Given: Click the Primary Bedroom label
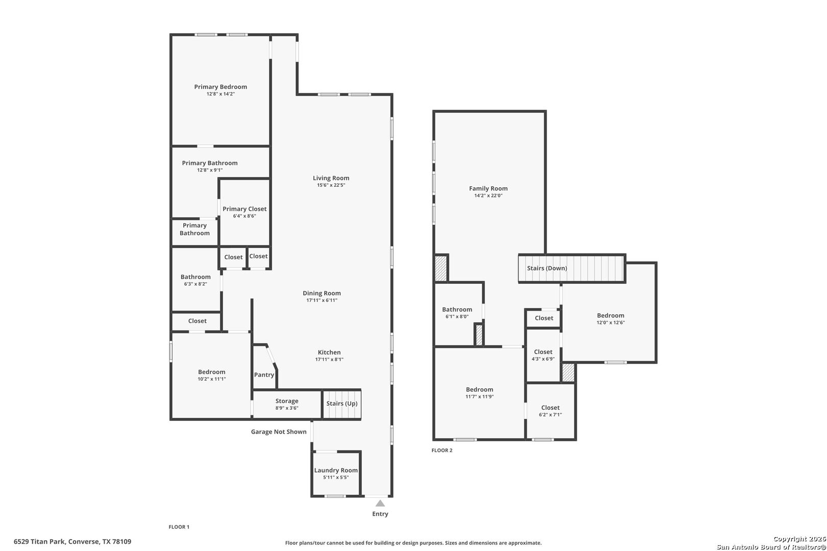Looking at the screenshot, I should tap(220, 87).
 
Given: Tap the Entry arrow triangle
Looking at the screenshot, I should tap(380, 504).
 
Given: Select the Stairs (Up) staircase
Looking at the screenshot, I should tap(342, 404).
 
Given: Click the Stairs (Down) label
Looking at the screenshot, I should tap(547, 268).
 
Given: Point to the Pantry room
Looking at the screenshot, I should tap(264, 374).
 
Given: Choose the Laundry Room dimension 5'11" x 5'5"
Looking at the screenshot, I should tap(335, 478).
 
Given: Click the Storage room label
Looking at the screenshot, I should tap(286, 401).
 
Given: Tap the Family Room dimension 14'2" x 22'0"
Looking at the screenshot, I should tap(488, 195).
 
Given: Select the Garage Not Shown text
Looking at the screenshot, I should tap(279, 432).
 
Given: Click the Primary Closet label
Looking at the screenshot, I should tap(245, 209).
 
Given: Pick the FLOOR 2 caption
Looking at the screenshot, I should tap(442, 450).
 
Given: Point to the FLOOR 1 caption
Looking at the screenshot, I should tap(179, 527).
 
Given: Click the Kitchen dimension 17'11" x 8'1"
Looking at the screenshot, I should tap(329, 360).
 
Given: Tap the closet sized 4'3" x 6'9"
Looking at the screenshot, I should tap(543, 355).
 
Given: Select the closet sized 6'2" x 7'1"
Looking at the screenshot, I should tap(550, 411).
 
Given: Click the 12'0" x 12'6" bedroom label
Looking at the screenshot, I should tap(611, 315).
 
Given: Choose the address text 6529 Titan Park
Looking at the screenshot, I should tap(72, 541).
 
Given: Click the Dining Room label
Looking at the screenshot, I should tap(322, 293).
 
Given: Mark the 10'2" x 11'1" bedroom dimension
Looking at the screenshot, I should tap(212, 379).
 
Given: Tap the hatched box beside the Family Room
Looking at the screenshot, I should tap(441, 268).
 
